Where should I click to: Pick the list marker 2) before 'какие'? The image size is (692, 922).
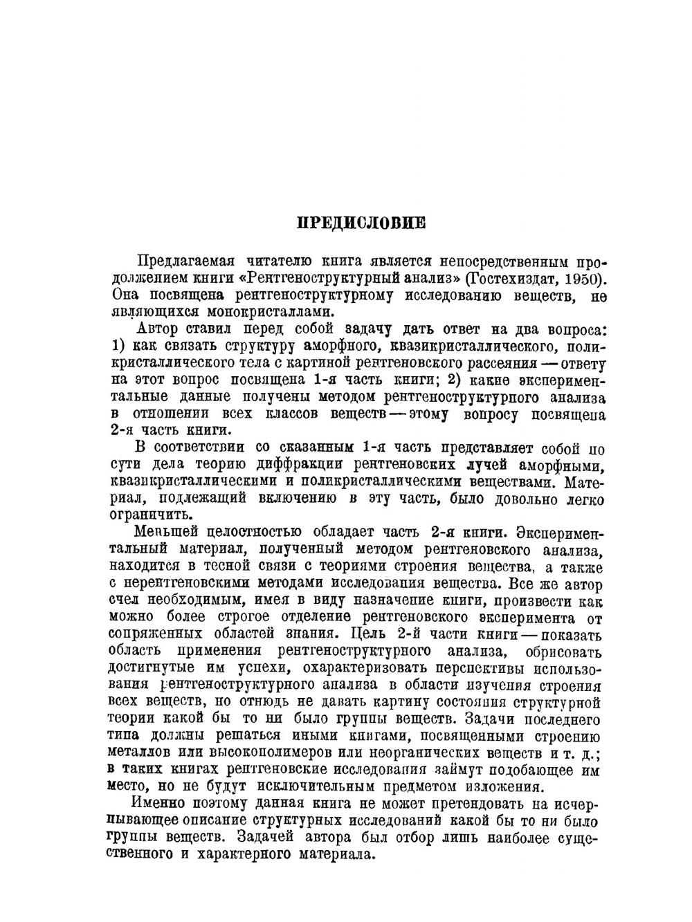point(454,380)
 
